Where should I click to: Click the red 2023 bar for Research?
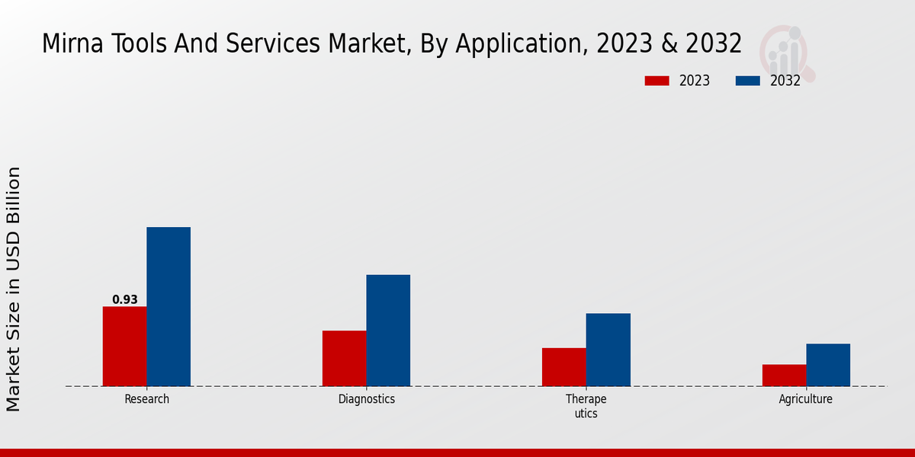pos(124,346)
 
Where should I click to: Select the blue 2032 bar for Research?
pos(169,306)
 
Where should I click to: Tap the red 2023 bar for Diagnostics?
pos(344,358)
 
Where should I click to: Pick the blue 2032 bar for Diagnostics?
pos(388,330)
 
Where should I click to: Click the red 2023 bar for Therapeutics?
pos(564,366)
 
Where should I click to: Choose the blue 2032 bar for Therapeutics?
pos(608,350)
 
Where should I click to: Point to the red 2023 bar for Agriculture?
pos(784,375)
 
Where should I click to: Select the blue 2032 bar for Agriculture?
pos(828,365)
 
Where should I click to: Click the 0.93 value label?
pos(125,300)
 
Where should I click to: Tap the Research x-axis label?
pos(147,399)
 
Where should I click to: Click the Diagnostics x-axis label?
pos(367,399)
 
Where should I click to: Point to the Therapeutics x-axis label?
pos(586,406)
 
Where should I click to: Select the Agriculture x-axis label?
pos(806,399)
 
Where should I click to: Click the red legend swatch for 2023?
pos(657,81)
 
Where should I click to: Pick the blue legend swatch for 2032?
pos(748,81)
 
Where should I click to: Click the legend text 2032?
pos(785,81)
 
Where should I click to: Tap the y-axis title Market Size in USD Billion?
pos(14,289)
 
